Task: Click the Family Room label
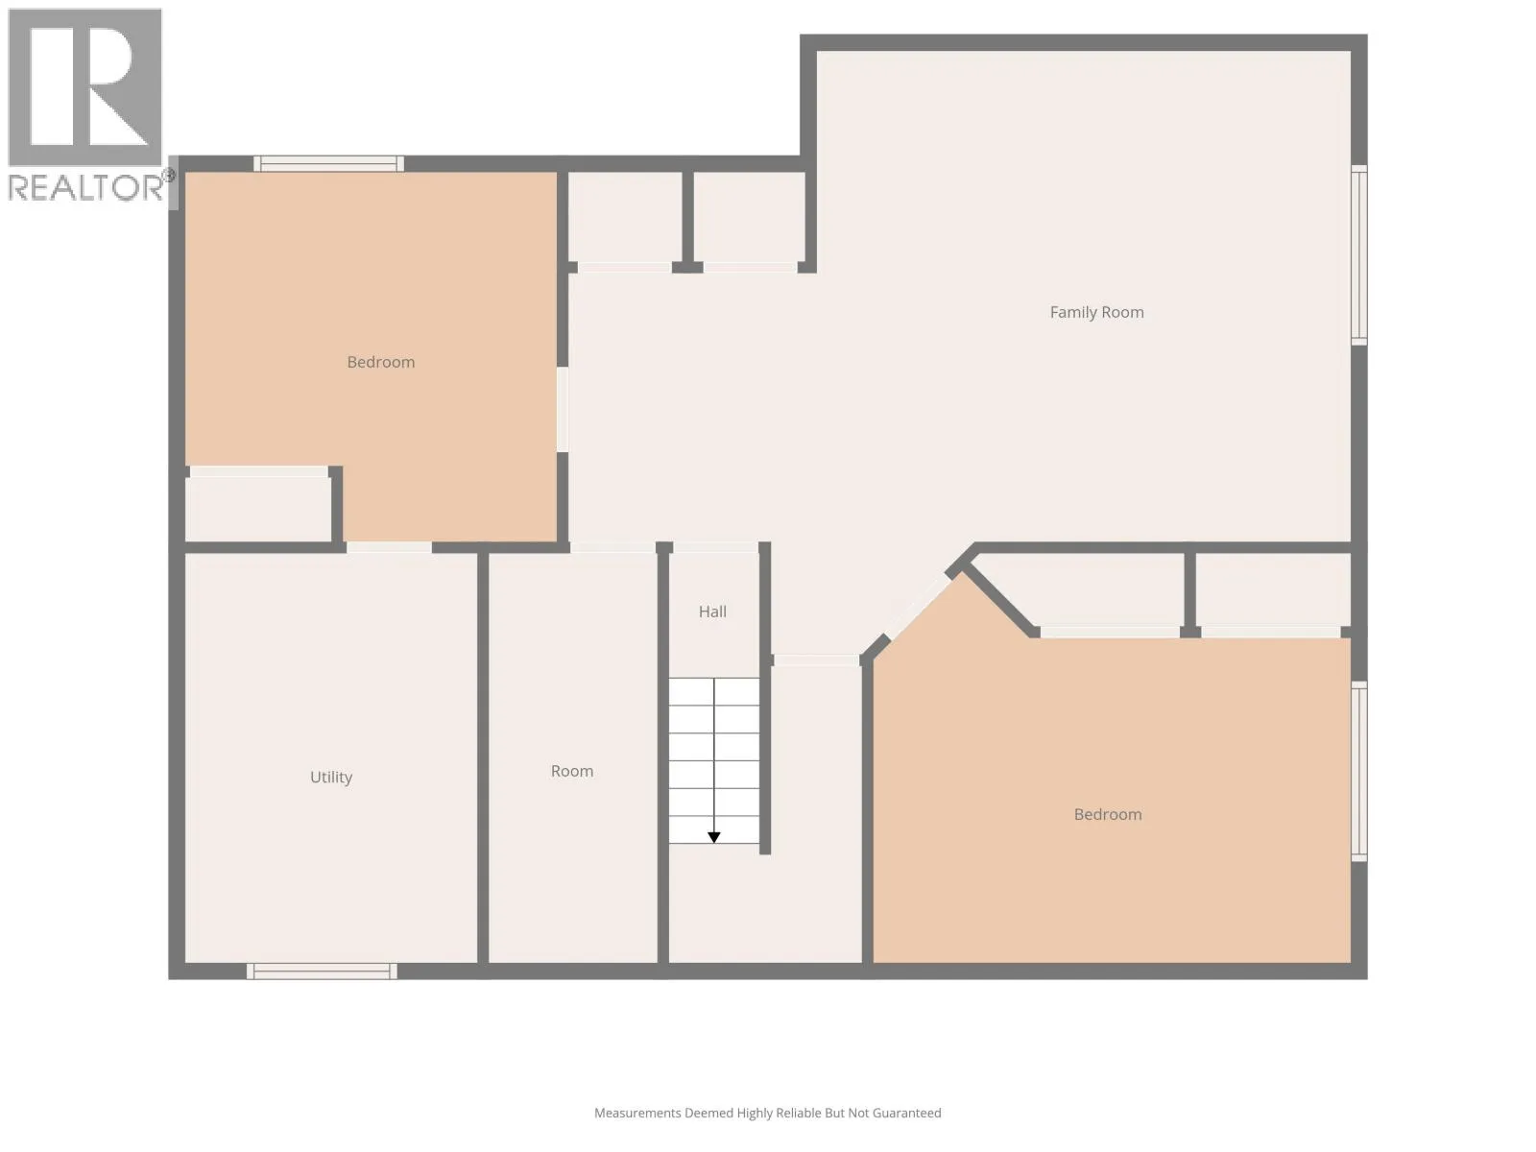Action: (x=1096, y=312)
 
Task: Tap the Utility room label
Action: (x=331, y=777)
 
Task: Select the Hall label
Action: (x=712, y=612)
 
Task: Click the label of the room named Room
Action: (x=572, y=771)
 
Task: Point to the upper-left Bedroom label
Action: (x=381, y=362)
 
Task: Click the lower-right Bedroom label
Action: (x=1107, y=814)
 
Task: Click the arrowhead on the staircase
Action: (x=714, y=837)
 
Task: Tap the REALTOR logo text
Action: (x=86, y=187)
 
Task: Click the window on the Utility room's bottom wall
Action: (x=322, y=971)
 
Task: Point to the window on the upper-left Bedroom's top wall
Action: (x=328, y=163)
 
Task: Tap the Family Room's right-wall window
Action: (x=1358, y=255)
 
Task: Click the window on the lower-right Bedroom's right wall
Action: (x=1358, y=772)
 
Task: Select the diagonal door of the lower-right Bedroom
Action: (x=917, y=606)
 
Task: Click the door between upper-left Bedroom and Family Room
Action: (x=562, y=409)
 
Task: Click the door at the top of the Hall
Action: (x=715, y=547)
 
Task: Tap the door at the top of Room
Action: (x=613, y=547)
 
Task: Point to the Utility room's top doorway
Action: (x=389, y=547)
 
